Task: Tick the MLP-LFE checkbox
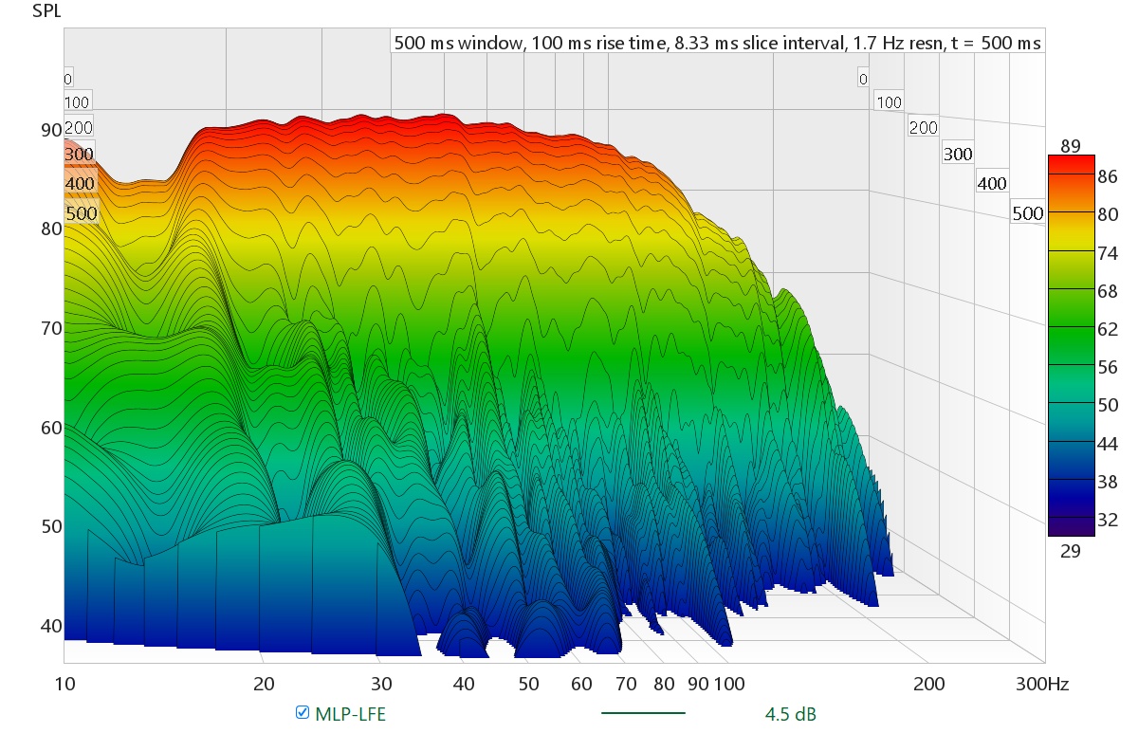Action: tap(303, 713)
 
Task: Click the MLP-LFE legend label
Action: tap(350, 714)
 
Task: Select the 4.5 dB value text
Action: tap(790, 714)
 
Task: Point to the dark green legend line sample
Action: tap(643, 712)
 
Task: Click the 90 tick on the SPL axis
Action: tap(49, 130)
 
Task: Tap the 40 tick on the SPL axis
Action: tap(49, 626)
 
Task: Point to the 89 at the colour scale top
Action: tap(1071, 145)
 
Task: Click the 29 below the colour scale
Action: tap(1071, 552)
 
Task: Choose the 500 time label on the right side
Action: tap(1027, 212)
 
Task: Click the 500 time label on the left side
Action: tap(82, 213)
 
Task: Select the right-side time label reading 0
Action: tap(862, 79)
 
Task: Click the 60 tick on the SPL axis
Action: tap(49, 428)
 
